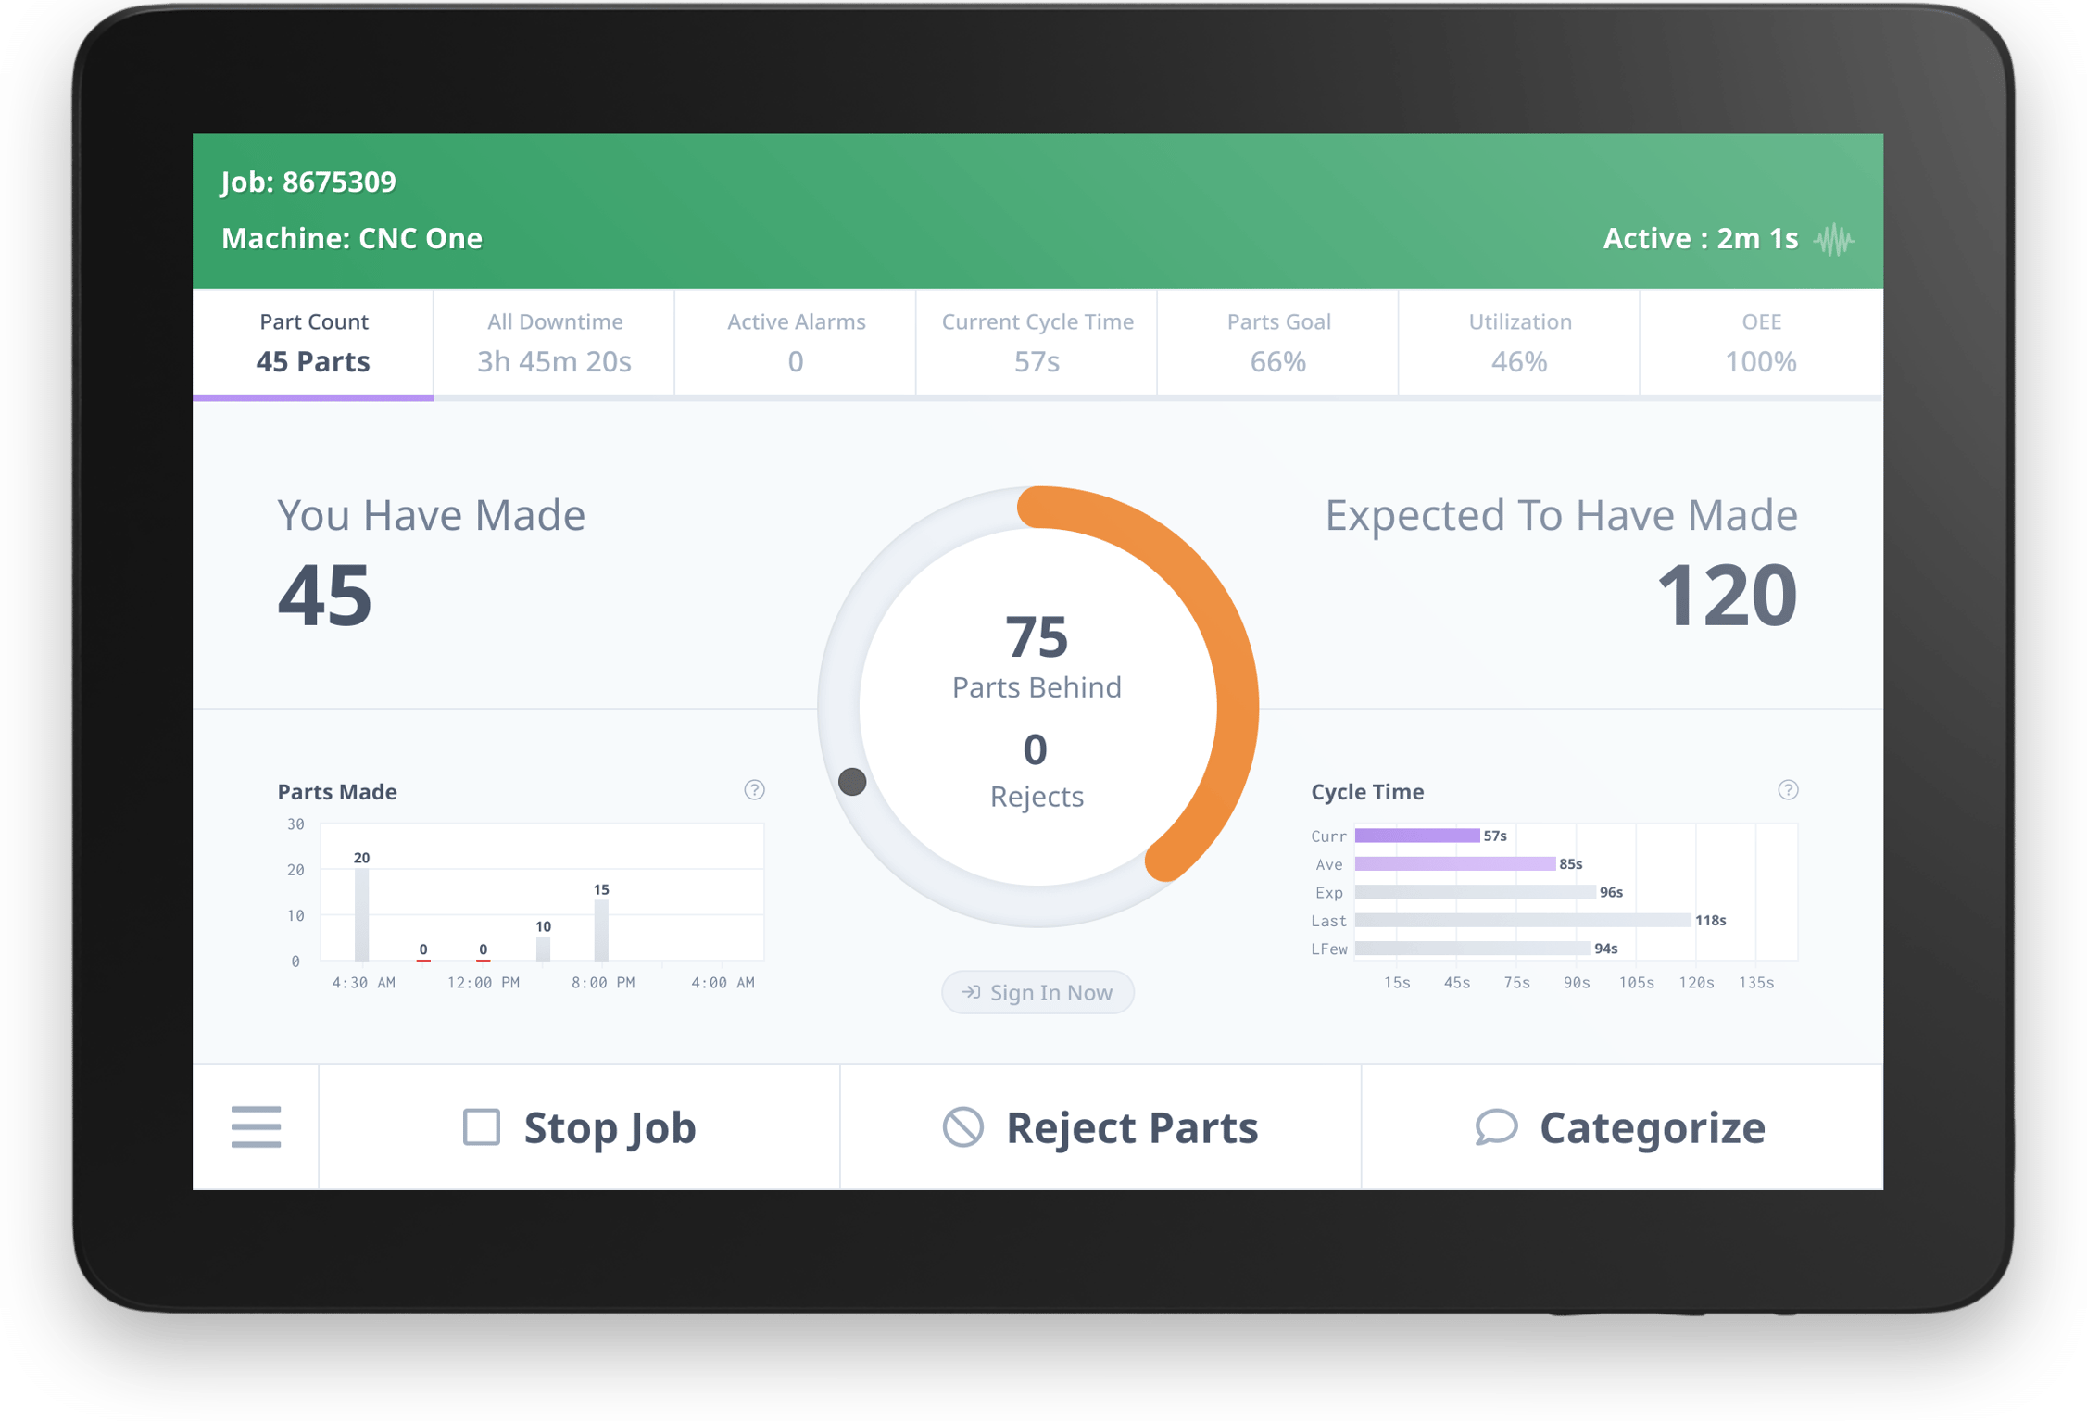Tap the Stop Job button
[579, 1127]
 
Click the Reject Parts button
[1100, 1127]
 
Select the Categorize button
[1621, 1127]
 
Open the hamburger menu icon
[256, 1126]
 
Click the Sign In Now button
[1037, 992]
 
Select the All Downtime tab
[554, 343]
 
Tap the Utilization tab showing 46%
[1519, 343]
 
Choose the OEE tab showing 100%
[1760, 343]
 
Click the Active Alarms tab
[796, 343]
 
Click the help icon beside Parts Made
[754, 789]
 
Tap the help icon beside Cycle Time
[1788, 789]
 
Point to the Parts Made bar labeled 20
[361, 913]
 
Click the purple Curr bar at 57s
[1416, 836]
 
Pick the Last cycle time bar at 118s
[1522, 920]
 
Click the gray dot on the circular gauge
[852, 781]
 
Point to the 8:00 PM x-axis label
[603, 983]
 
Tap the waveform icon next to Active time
[1834, 240]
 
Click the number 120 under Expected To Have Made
[1726, 595]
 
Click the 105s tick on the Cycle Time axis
[1636, 983]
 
